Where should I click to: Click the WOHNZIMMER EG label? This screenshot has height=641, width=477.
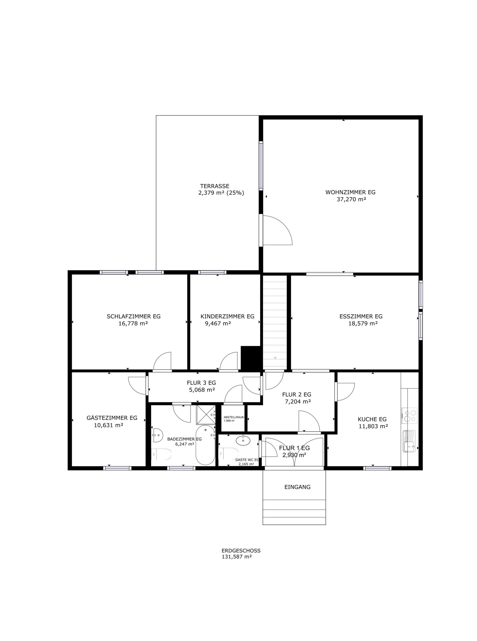[x=350, y=192]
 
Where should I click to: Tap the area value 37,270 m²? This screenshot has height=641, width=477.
[x=351, y=199]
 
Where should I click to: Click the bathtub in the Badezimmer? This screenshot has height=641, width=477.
[x=205, y=445]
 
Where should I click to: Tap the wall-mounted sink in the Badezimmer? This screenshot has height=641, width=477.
[x=157, y=435]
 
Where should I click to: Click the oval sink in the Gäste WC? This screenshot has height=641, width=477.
[x=244, y=440]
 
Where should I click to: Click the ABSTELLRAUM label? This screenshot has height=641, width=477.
[x=234, y=417]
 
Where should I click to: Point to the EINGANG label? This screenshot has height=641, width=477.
[x=297, y=487]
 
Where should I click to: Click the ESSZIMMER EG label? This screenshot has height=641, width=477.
[x=361, y=316]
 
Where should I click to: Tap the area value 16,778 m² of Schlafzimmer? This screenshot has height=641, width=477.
[x=133, y=323]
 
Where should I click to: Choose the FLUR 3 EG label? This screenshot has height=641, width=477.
[x=201, y=383]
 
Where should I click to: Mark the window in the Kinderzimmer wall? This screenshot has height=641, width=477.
[x=212, y=272]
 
